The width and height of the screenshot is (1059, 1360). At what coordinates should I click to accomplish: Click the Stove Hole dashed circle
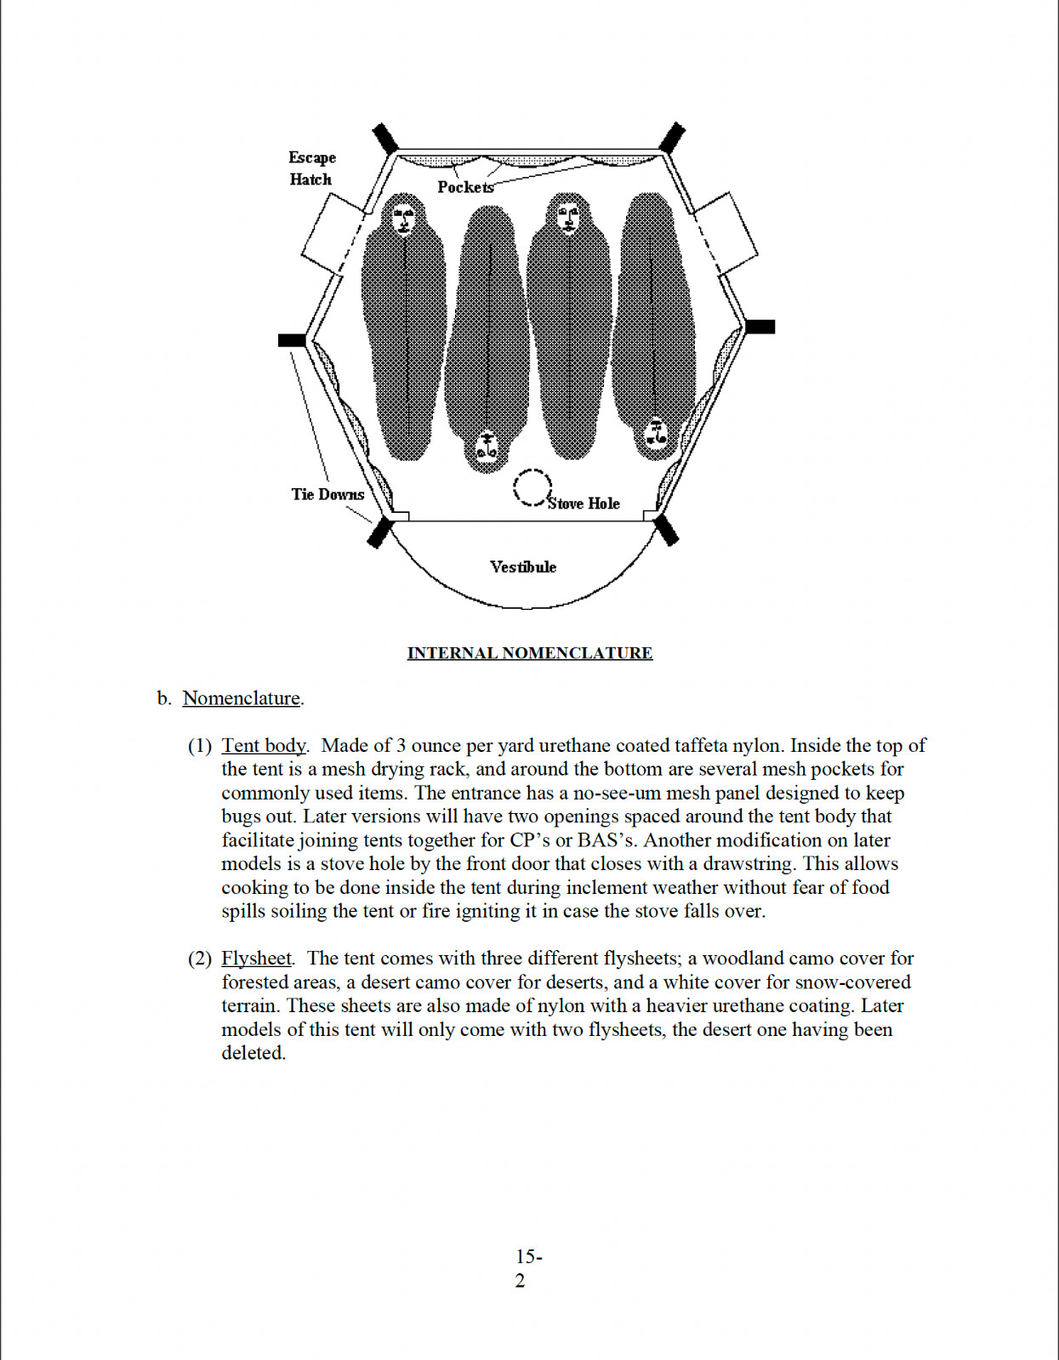pyautogui.click(x=515, y=487)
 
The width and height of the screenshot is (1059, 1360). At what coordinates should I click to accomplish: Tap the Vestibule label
pyautogui.click(x=522, y=567)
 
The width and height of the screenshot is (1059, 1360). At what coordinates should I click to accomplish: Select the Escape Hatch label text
pyautogui.click(x=311, y=168)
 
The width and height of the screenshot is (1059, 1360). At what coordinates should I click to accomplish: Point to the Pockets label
pyautogui.click(x=465, y=187)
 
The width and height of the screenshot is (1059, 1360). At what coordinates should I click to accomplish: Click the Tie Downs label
pyautogui.click(x=327, y=494)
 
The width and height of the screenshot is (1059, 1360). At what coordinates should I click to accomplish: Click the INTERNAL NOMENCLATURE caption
pyautogui.click(x=529, y=652)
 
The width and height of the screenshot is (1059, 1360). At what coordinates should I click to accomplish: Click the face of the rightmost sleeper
pyautogui.click(x=655, y=433)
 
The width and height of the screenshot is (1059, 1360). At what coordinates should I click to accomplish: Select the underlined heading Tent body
pyautogui.click(x=264, y=745)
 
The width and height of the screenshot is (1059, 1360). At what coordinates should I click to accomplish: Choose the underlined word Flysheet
pyautogui.click(x=256, y=959)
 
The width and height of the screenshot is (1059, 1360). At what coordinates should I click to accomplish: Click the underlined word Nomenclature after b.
pyautogui.click(x=241, y=697)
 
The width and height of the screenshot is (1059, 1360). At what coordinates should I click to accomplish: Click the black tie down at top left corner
pyautogui.click(x=384, y=139)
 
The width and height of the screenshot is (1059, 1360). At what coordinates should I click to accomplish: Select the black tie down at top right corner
pyautogui.click(x=672, y=138)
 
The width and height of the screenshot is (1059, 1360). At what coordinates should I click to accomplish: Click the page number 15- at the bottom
pyautogui.click(x=529, y=1256)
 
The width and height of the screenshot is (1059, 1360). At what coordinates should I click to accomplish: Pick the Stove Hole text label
pyautogui.click(x=584, y=504)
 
